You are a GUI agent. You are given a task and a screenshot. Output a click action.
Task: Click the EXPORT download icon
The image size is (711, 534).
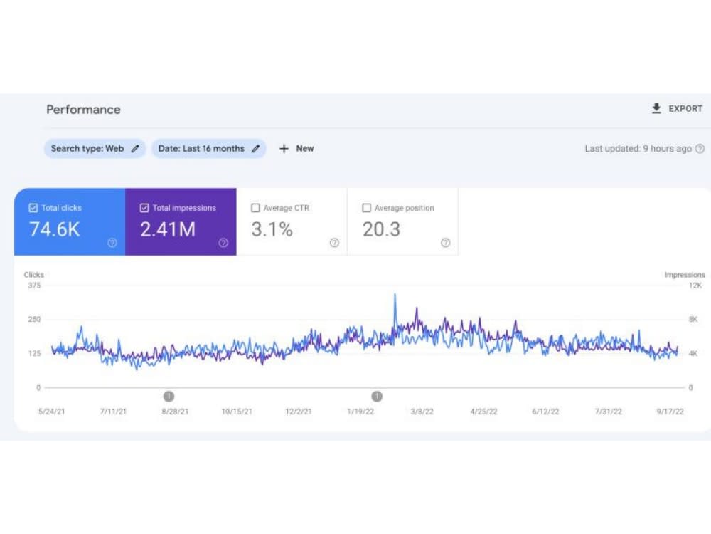pyautogui.click(x=656, y=108)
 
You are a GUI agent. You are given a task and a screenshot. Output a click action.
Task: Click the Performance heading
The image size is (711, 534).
pyautogui.click(x=83, y=110)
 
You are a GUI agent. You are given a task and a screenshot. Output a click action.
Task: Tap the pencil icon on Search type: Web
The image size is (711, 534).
pyautogui.click(x=135, y=149)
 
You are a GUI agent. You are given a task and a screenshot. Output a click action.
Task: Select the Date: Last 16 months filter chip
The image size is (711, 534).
pyautogui.click(x=208, y=149)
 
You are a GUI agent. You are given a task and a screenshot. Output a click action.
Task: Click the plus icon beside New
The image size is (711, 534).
pyautogui.click(x=284, y=149)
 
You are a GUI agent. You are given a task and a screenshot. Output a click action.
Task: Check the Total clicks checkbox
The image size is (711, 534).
pyautogui.click(x=33, y=208)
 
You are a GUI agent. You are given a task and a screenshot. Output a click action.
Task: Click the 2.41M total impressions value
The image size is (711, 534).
pyautogui.click(x=168, y=229)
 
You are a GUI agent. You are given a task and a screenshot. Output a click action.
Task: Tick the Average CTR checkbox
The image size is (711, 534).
pyautogui.click(x=255, y=208)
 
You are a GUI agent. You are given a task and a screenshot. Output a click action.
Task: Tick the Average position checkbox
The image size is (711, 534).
pyautogui.click(x=366, y=208)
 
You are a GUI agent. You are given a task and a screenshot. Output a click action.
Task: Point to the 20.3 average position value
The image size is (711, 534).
pyautogui.click(x=381, y=229)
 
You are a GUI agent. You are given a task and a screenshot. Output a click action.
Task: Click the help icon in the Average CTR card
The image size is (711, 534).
pyautogui.click(x=334, y=243)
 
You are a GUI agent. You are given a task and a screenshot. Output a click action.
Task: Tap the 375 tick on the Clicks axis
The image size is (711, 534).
pyautogui.click(x=34, y=286)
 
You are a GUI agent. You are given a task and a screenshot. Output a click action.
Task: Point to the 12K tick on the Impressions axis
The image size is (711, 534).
pyautogui.click(x=695, y=286)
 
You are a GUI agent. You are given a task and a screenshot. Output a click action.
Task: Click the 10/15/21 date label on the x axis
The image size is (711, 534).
pyautogui.click(x=237, y=412)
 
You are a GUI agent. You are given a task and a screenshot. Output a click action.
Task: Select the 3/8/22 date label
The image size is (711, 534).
pyautogui.click(x=422, y=412)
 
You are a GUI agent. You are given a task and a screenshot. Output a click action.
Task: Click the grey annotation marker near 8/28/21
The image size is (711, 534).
pyautogui.click(x=169, y=397)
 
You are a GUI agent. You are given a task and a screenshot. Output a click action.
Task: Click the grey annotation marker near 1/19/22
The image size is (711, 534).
pyautogui.click(x=377, y=397)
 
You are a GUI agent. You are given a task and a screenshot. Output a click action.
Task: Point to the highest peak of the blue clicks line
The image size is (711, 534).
pyautogui.click(x=395, y=294)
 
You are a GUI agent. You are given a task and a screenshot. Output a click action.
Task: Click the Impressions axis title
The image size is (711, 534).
pyautogui.click(x=685, y=275)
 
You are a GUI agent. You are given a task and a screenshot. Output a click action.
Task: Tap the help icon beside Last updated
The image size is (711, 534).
pyautogui.click(x=700, y=149)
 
